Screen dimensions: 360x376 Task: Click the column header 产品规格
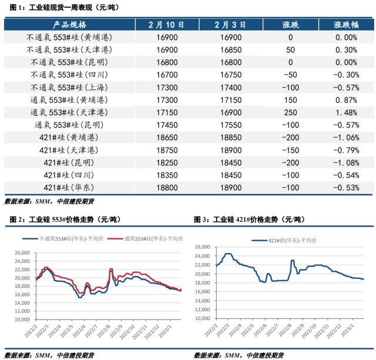(x=70, y=25)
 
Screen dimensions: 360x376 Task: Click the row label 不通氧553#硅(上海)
(x=70, y=86)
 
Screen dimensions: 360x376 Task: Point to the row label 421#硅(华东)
(x=70, y=187)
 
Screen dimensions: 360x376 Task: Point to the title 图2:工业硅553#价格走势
(x=65, y=219)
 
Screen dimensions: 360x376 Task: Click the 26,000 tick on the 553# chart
(x=21, y=253)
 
